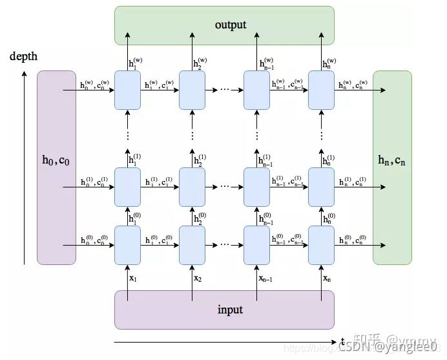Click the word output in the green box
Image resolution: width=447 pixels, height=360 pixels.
tap(231, 25)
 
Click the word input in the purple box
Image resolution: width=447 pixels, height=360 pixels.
tap(230, 310)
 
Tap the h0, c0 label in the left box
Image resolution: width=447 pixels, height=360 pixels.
tap(56, 161)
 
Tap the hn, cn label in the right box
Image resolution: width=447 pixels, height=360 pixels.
tap(392, 161)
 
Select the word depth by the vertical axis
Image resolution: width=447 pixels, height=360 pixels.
tap(24, 56)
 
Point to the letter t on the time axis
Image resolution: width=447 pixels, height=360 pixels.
tap(342, 341)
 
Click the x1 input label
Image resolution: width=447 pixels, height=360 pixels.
tap(133, 279)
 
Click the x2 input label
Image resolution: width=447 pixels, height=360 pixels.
tap(198, 279)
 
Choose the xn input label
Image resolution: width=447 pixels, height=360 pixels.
tap(326, 279)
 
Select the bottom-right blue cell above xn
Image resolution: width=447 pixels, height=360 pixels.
tap(321, 245)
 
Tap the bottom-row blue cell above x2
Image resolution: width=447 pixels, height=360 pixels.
tap(192, 245)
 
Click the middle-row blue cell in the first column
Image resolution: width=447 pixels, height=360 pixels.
tap(127, 187)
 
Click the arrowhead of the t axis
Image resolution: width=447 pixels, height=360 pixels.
tap(334, 341)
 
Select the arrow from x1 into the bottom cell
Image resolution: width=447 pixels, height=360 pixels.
tap(127, 277)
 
